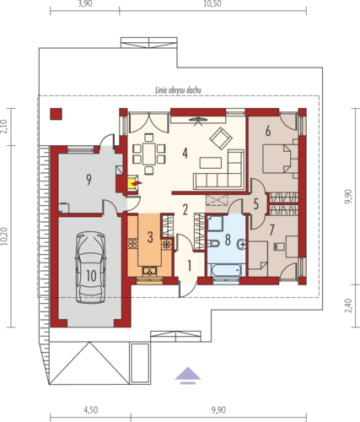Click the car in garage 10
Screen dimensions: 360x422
(90, 268)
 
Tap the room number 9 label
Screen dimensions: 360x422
(89, 180)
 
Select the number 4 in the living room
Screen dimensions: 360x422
(185, 154)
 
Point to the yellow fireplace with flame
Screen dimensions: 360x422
(133, 183)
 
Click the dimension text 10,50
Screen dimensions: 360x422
(212, 3)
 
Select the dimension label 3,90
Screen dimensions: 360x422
(85, 3)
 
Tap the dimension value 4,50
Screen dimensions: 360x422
(90, 410)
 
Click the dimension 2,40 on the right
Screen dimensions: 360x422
(347, 306)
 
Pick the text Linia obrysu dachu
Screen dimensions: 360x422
(178, 90)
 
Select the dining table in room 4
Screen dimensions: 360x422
(148, 154)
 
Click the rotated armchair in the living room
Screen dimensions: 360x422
(221, 138)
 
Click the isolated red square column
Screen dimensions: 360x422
(56, 114)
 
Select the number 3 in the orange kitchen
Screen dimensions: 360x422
(150, 237)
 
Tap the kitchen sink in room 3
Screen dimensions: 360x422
(149, 271)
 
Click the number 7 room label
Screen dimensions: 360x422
(271, 230)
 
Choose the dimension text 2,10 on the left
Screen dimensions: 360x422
(3, 127)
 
